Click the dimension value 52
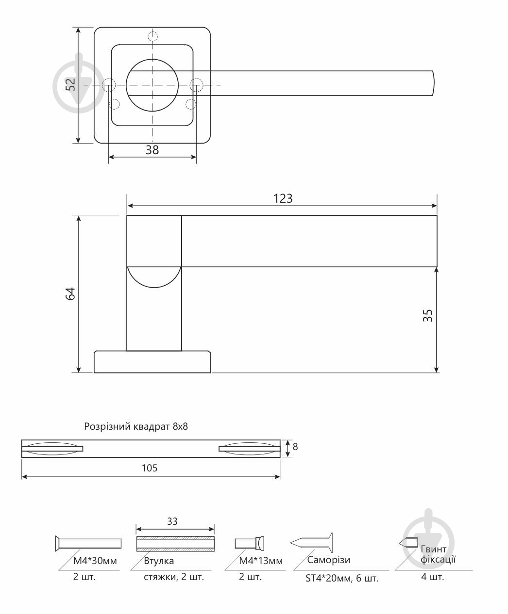tap(71, 85)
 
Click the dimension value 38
tap(152, 150)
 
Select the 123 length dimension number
tap(283, 198)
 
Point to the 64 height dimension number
tap(71, 294)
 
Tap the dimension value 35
tap(428, 316)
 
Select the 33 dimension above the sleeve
tap(172, 521)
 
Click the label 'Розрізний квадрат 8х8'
tap(136, 427)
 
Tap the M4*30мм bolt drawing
tap(88, 543)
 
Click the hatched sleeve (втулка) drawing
tap(175, 543)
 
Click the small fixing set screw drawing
tap(408, 543)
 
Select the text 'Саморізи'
tap(329, 560)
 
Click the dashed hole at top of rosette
tap(152, 36)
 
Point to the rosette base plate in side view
tap(152, 362)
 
